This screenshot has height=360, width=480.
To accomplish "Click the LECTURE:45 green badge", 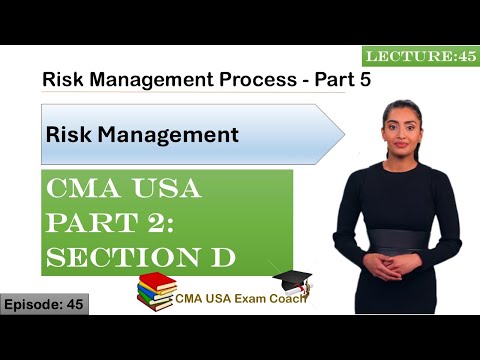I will pyautogui.click(x=421, y=57).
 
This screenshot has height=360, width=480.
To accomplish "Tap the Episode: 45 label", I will pyautogui.click(x=44, y=303).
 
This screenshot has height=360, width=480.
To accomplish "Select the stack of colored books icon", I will pyautogui.click(x=158, y=292).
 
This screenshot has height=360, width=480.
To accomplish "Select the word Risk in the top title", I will pyautogui.click(x=62, y=79).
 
